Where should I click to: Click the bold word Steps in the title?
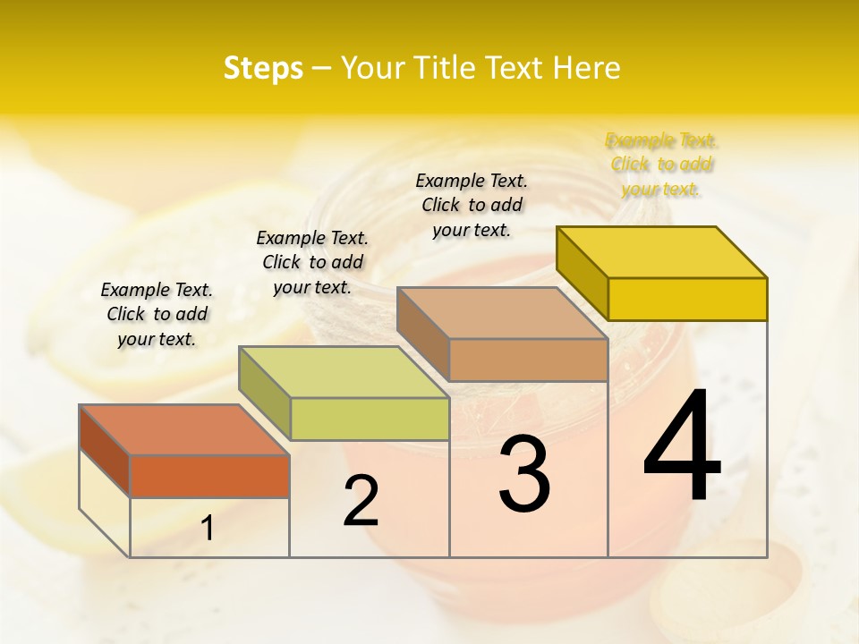(x=263, y=68)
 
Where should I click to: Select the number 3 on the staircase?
(x=524, y=473)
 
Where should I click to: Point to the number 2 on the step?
(x=361, y=501)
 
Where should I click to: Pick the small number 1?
(x=208, y=528)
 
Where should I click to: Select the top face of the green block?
(x=344, y=371)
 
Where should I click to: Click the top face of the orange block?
(x=183, y=429)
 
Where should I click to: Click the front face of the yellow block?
(x=687, y=299)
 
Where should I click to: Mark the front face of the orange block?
(x=209, y=476)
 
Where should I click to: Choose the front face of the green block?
(x=370, y=419)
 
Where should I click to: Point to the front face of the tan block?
(x=528, y=360)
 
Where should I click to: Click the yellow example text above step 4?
(x=661, y=165)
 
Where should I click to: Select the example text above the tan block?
(x=472, y=205)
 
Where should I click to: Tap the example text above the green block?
(x=312, y=262)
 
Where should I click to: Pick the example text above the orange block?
(x=157, y=314)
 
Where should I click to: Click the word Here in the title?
(x=587, y=68)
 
